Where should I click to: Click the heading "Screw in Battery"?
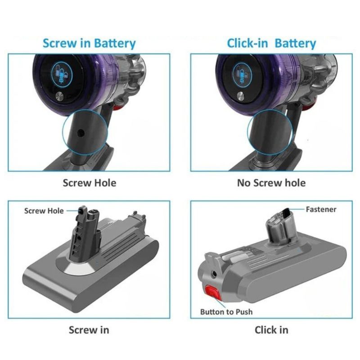point(89,44)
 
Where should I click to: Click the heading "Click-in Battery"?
point(271,44)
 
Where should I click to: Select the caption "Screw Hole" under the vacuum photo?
point(89,183)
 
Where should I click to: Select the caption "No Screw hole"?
point(271,183)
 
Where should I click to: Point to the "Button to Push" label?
point(226,312)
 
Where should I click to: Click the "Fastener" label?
point(321,209)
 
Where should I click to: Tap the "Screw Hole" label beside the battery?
point(44,211)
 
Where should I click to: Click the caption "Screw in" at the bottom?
point(89,330)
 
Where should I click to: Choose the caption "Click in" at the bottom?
point(271,330)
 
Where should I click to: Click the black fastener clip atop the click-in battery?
point(283,212)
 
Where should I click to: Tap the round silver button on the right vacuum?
point(240,95)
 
